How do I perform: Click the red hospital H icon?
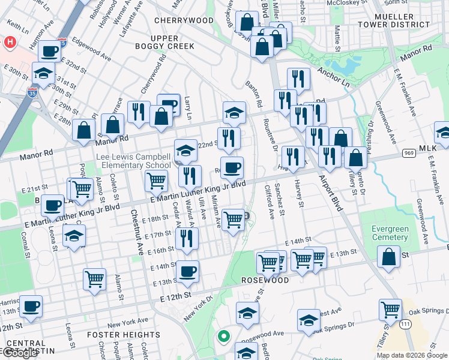coord(10,43)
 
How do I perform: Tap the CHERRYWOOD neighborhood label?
coord(175,20)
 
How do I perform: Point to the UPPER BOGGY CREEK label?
coord(156,43)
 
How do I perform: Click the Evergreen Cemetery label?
coord(390,233)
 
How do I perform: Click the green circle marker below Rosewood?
coord(223,337)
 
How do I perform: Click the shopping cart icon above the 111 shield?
coord(390,310)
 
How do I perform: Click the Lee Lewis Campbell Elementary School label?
coord(134,161)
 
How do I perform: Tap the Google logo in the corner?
coord(20,353)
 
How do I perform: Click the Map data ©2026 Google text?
coord(412,355)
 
